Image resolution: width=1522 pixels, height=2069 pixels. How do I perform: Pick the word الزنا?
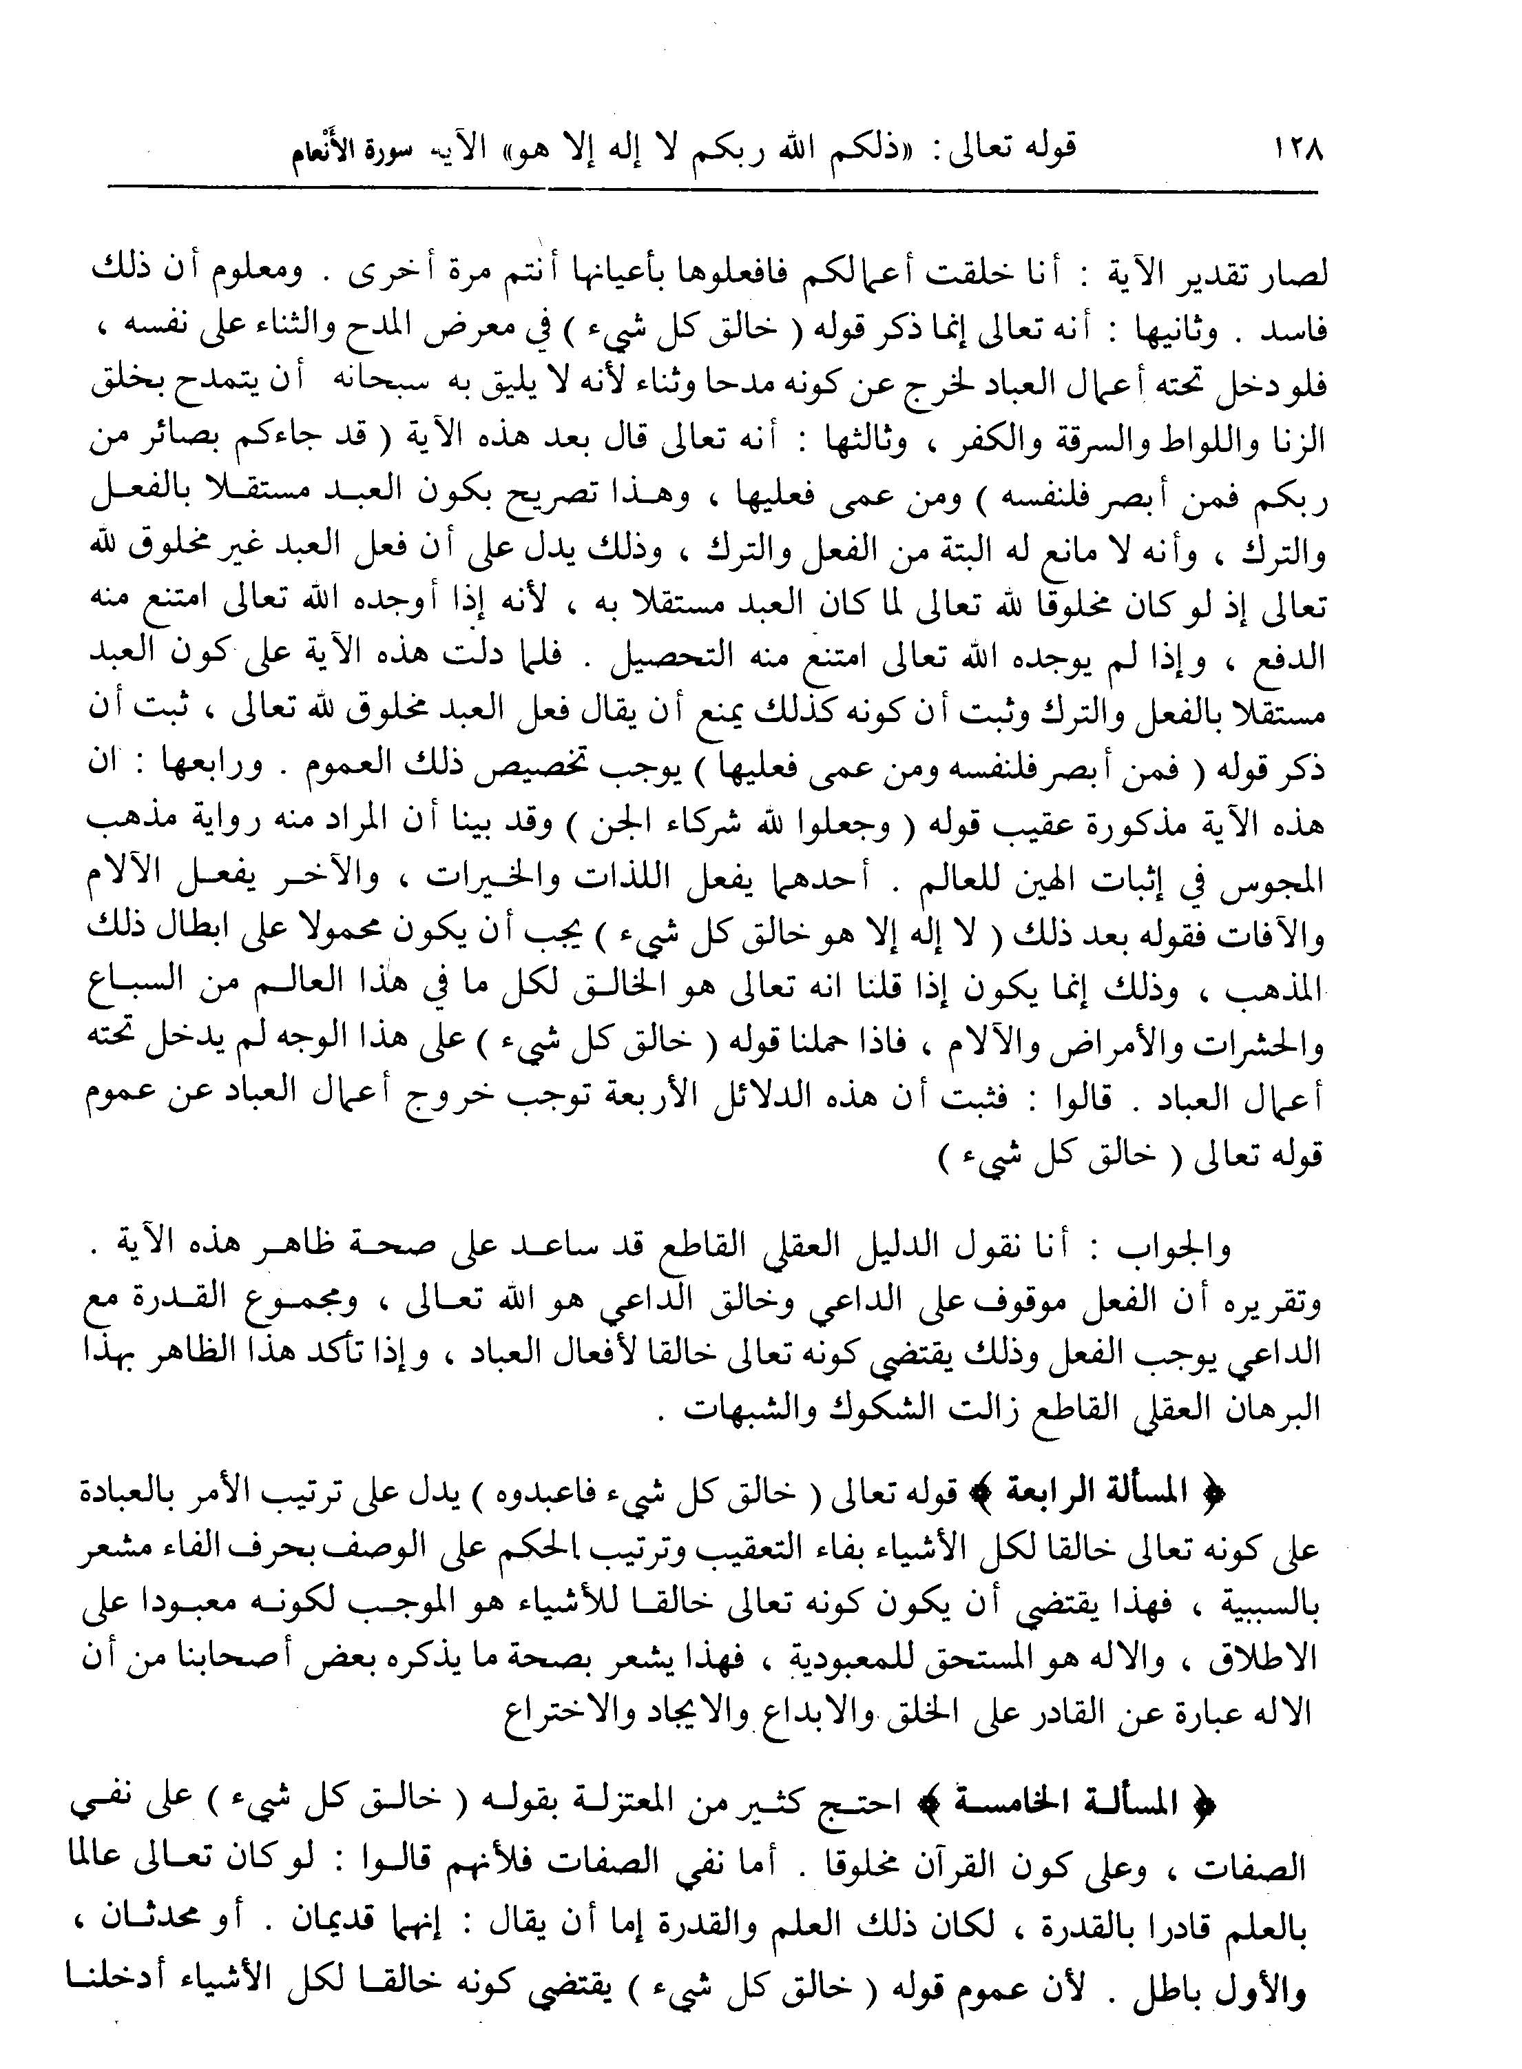(1293, 442)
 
